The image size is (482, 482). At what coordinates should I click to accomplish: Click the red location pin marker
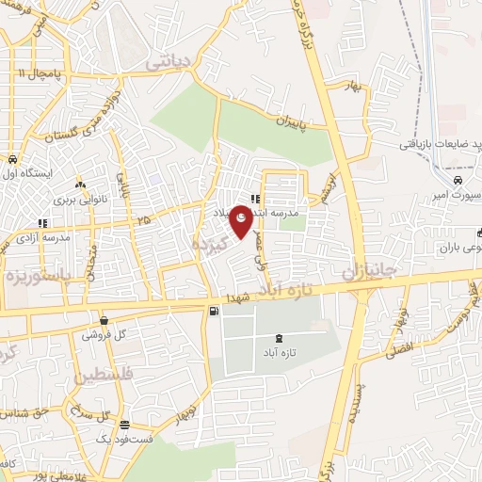242,217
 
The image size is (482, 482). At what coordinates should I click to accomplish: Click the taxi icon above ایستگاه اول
12,160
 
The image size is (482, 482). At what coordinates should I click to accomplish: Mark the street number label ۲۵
142,219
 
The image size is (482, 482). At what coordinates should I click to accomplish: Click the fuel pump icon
216,310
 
